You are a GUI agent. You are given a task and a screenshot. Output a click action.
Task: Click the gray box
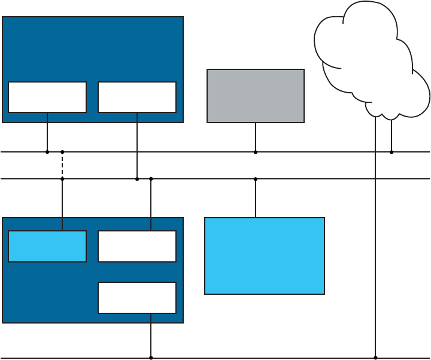click(x=256, y=96)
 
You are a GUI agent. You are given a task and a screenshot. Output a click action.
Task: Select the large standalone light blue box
click(x=265, y=255)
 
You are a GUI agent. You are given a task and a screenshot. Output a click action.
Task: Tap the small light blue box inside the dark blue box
click(x=47, y=246)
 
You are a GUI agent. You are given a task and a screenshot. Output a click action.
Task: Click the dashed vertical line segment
click(x=62, y=165)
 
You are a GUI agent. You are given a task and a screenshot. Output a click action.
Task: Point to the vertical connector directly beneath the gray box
click(x=256, y=137)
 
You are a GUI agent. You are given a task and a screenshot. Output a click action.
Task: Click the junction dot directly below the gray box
click(x=256, y=152)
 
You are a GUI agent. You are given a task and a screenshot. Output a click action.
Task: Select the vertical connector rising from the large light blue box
click(x=256, y=198)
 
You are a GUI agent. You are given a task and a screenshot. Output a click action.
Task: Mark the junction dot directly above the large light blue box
click(x=256, y=179)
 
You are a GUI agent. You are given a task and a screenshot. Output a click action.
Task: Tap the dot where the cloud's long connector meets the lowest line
click(x=375, y=358)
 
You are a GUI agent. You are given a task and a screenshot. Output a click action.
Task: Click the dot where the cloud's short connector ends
click(x=391, y=152)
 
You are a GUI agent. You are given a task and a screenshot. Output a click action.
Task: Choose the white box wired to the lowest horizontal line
click(x=137, y=298)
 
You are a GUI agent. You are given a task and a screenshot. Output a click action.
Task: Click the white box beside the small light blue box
click(x=137, y=246)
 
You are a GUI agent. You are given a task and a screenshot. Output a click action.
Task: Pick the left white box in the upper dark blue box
click(x=47, y=97)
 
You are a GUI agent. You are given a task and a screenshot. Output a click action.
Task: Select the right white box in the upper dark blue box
click(x=137, y=97)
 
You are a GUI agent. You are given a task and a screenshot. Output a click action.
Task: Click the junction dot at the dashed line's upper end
click(x=62, y=152)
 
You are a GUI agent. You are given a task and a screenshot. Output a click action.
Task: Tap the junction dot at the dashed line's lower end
click(x=62, y=179)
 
